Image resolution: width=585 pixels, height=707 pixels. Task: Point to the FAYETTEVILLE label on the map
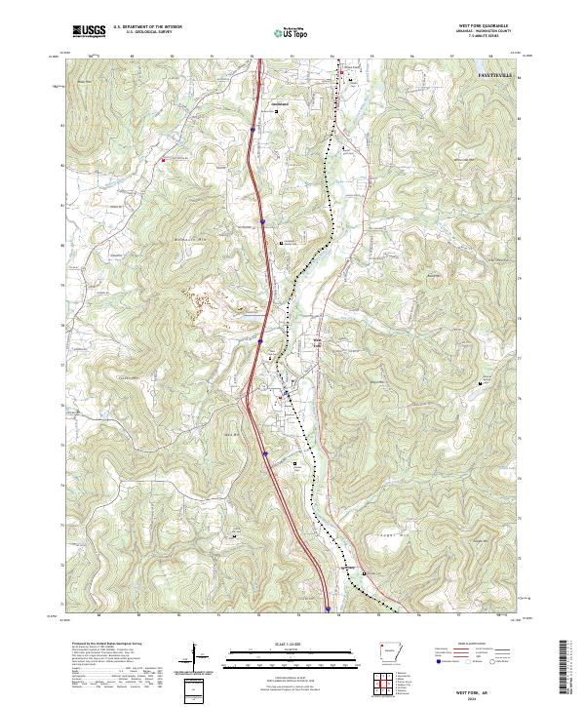coord(500,74)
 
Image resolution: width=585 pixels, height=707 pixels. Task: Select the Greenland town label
coord(281,102)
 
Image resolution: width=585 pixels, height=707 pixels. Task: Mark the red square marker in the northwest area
coord(164,160)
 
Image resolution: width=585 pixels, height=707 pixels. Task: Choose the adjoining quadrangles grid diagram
coord(380,686)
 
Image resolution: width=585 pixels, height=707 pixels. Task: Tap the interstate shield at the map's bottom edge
coord(328,610)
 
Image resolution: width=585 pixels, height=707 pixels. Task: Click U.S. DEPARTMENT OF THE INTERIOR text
coord(147,28)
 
